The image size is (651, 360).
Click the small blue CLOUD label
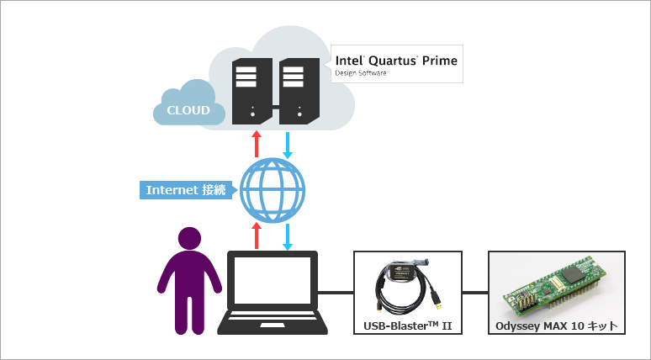tap(188, 110)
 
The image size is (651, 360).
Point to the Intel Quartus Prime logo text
tap(396, 61)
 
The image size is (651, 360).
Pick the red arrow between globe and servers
tap(257, 143)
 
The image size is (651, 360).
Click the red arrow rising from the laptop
tap(257, 236)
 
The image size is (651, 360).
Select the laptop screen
tap(271, 281)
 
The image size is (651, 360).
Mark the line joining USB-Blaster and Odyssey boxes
tap(475, 293)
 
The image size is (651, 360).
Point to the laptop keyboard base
tap(271, 324)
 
